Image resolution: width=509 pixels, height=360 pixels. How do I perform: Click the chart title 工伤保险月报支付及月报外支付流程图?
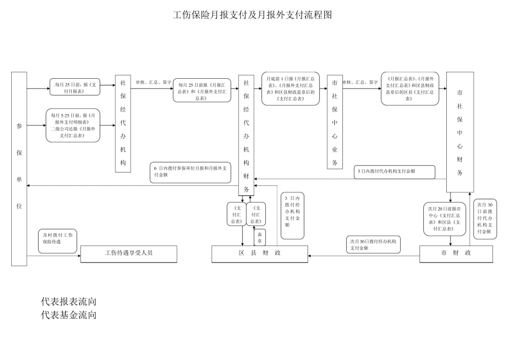point(253,14)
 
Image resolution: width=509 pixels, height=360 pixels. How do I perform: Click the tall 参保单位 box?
point(19,169)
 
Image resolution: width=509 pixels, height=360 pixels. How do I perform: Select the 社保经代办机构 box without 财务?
point(123,124)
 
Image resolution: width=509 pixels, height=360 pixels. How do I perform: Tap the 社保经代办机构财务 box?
point(246,135)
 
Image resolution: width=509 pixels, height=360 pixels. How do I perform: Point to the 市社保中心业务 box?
point(334,122)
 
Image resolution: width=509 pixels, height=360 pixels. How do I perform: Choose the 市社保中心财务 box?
point(460,132)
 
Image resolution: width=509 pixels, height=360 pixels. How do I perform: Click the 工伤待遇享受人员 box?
point(129,254)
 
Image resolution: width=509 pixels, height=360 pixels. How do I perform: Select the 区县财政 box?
point(260,254)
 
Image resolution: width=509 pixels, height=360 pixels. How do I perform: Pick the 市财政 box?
point(456,254)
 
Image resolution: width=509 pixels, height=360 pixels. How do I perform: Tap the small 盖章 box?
point(260,237)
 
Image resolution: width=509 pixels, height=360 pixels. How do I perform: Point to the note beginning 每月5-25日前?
point(73,125)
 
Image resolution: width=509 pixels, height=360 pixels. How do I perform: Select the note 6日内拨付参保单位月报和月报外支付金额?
point(190,171)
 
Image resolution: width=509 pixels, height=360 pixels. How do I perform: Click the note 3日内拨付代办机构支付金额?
point(395,171)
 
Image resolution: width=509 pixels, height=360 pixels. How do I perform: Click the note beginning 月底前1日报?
point(290,88)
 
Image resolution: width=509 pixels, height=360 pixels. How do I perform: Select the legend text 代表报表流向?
point(69,302)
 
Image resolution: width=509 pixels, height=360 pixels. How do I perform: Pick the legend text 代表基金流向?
point(69,315)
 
